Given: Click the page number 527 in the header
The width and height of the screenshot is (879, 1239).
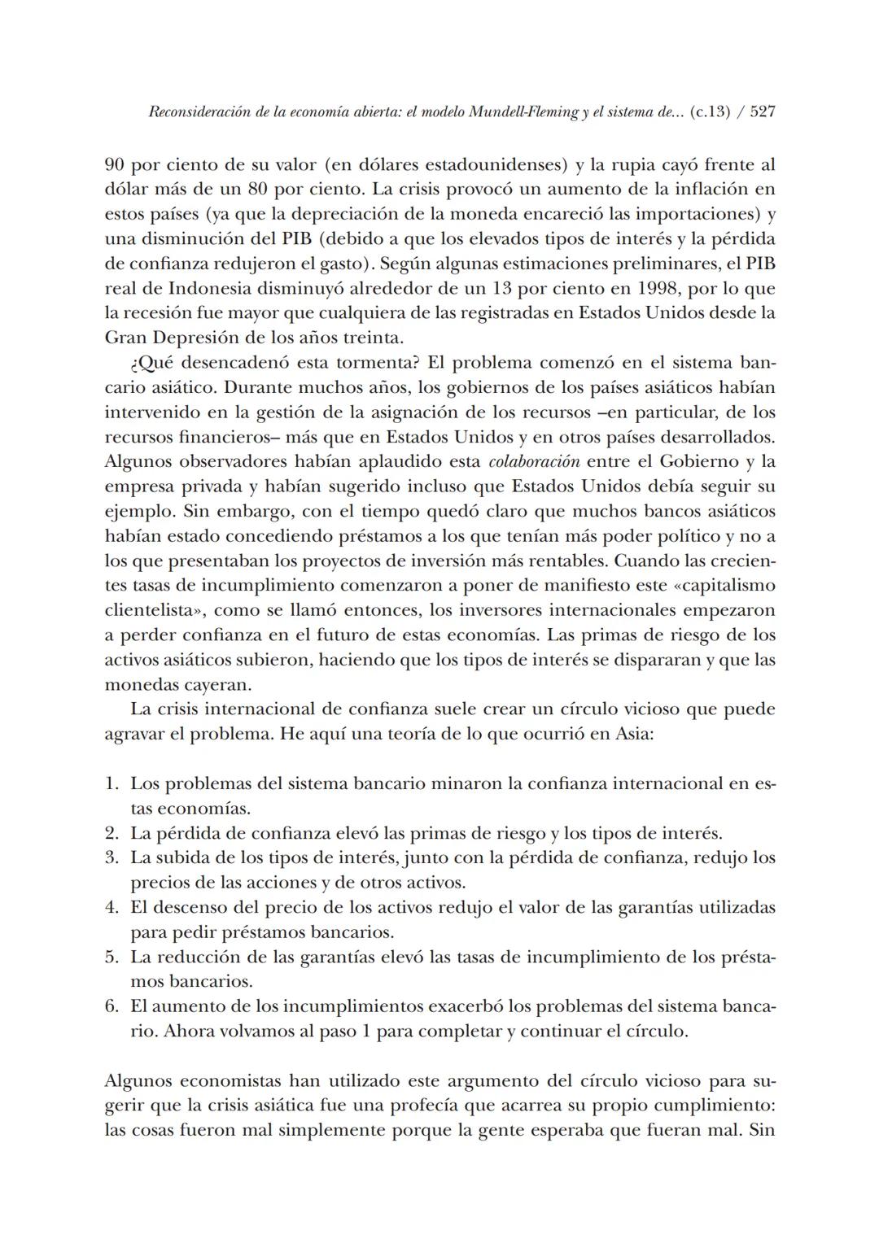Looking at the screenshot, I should tap(762, 112).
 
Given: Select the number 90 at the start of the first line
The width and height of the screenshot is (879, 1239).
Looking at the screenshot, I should tap(115, 165).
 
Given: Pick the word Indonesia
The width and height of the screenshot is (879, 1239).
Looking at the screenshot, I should tap(207, 289).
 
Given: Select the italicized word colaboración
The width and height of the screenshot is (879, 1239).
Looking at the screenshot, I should tap(534, 462).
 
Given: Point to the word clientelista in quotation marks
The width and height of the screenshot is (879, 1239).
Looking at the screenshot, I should tap(157, 610).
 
